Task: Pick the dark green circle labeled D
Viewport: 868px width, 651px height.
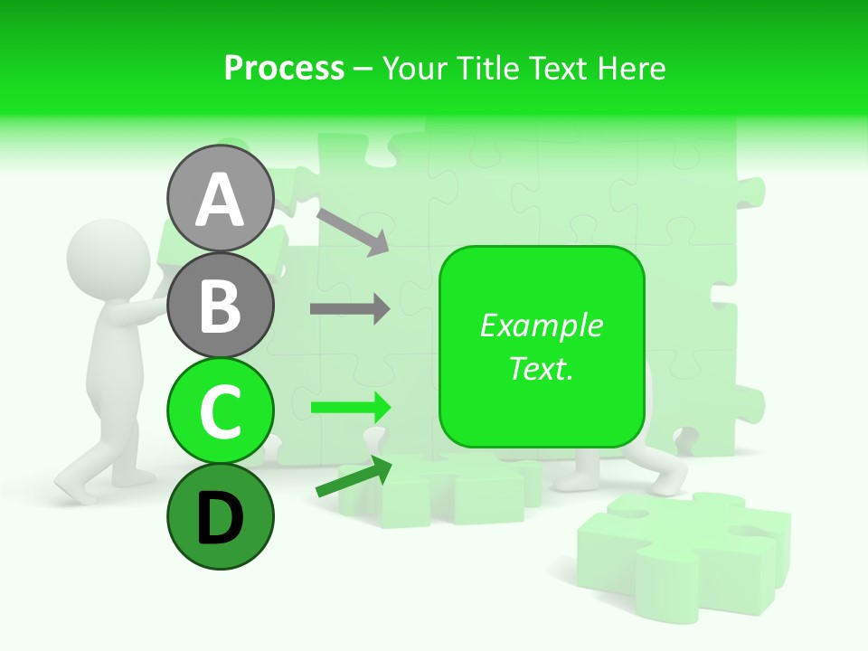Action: tap(220, 516)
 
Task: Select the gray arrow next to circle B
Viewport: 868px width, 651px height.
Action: tap(350, 309)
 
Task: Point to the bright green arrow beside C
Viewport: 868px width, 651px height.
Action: tap(350, 407)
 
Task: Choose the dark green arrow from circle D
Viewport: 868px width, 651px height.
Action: tap(354, 477)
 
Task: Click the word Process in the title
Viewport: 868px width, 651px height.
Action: tap(284, 68)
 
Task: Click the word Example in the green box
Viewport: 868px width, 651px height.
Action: tap(541, 325)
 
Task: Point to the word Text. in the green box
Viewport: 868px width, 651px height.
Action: tap(541, 368)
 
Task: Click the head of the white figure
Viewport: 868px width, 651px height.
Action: tap(107, 256)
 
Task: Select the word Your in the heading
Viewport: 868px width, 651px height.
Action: tap(414, 68)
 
